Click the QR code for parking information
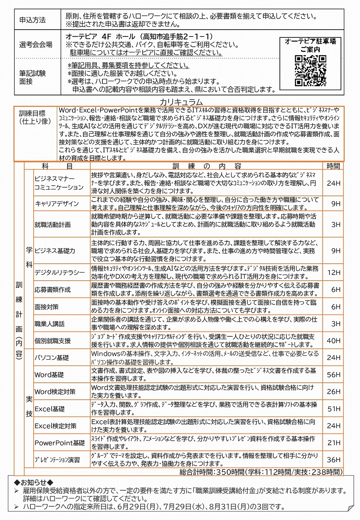coord(310,70)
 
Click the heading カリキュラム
coord(181,102)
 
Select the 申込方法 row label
coord(33,20)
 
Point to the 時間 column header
coord(333,166)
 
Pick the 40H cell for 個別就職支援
coord(333,340)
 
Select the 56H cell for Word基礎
coord(333,375)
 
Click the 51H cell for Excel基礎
coord(333,409)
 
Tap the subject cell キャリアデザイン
coord(57,204)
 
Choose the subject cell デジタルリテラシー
coord(59,272)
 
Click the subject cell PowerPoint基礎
coord(59,443)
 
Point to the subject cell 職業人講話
coord(50,324)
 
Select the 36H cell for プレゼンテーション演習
coord(333,460)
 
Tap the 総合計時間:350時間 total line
coord(260,472)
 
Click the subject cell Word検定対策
coord(55,392)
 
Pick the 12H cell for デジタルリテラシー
coord(333,272)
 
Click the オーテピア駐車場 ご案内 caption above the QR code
coord(310,45)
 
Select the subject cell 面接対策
coord(47,307)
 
